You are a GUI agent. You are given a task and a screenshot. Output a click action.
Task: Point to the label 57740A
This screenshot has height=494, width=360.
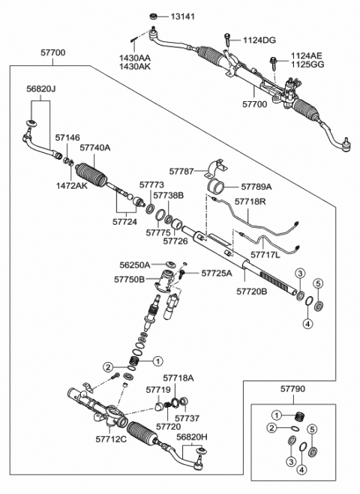tap(95, 148)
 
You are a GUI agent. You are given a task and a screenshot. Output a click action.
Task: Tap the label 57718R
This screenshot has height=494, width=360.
tap(249, 202)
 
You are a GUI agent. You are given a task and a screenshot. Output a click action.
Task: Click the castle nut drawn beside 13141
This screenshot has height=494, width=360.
tap(153, 16)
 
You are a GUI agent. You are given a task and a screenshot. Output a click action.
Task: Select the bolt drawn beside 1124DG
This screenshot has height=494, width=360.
tap(224, 37)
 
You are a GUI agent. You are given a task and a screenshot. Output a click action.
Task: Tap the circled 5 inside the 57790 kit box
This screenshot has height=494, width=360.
tap(313, 431)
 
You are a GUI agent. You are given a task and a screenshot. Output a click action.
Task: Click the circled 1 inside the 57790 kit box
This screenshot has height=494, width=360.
tap(277, 415)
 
